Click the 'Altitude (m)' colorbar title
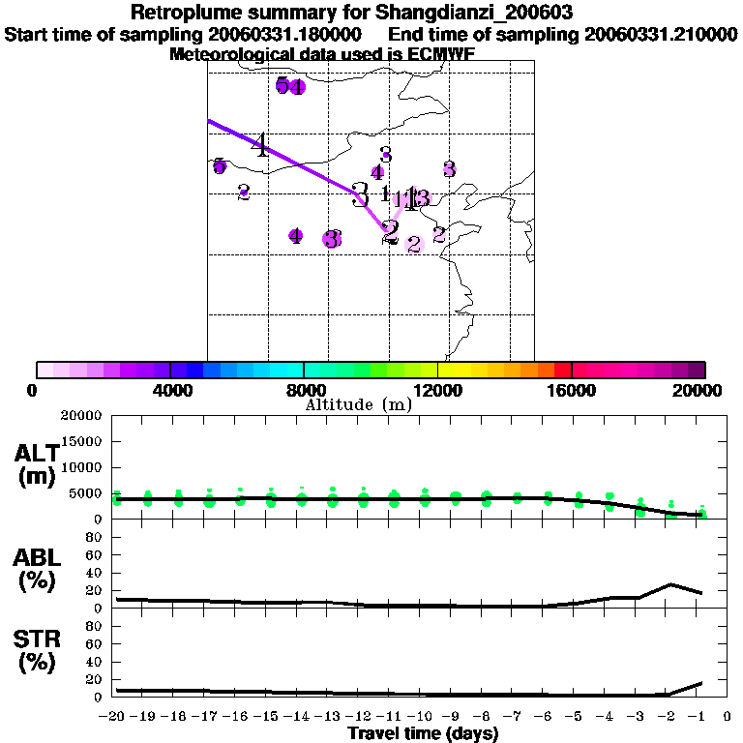pyautogui.click(x=358, y=405)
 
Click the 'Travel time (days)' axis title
pyautogui.click(x=423, y=734)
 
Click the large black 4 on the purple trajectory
pyautogui.click(x=260, y=146)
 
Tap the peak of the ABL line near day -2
pyautogui.click(x=669, y=584)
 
